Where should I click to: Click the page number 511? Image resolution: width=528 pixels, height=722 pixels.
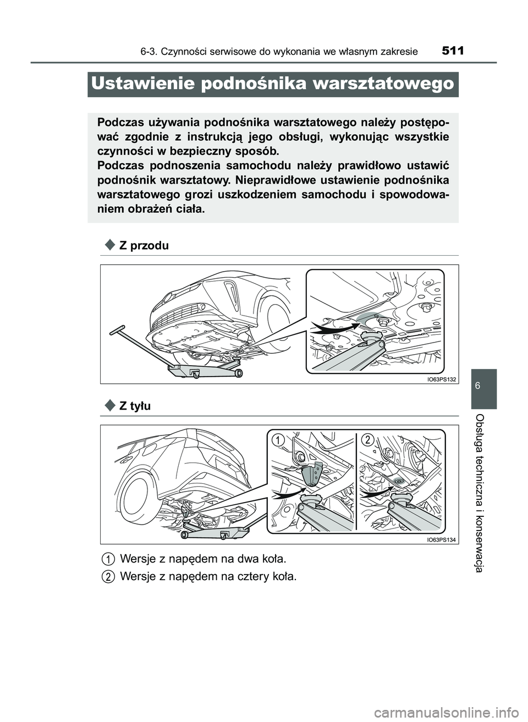(453, 51)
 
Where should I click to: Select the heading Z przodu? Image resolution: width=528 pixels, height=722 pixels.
(144, 246)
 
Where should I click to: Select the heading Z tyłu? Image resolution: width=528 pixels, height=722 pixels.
(135, 406)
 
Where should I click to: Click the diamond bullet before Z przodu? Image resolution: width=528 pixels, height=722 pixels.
(109, 245)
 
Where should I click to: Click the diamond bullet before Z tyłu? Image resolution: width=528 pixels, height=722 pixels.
(109, 406)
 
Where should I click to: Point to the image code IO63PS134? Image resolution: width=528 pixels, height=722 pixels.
(442, 540)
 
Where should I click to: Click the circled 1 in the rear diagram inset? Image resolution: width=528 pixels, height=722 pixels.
(279, 439)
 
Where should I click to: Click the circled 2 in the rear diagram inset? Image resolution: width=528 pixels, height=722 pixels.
(367, 439)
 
